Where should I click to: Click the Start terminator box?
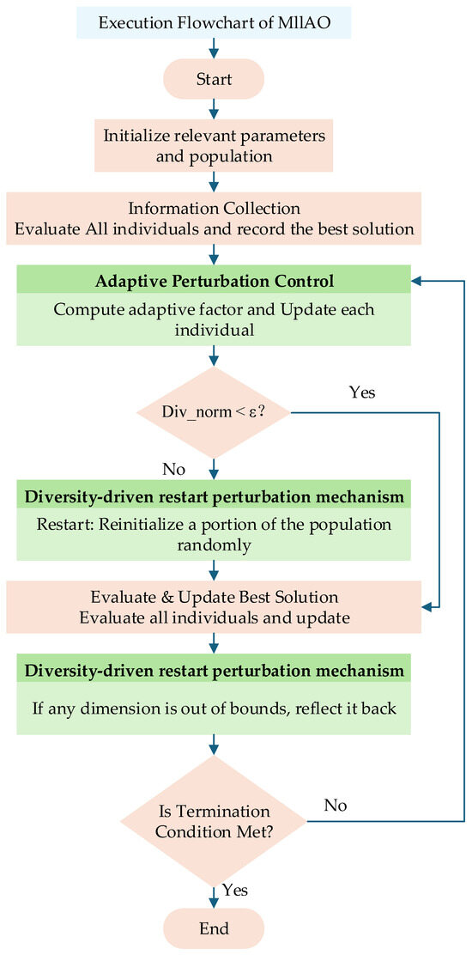coord(214,78)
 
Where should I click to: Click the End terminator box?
coord(214,928)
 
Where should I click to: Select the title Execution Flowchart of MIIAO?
coord(214,24)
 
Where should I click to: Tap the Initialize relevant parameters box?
coord(214,147)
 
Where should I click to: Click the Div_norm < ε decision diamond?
coord(214,413)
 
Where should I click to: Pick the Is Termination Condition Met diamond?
coord(214,822)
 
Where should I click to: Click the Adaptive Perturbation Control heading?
coord(214,282)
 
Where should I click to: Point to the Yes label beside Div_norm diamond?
coord(362,392)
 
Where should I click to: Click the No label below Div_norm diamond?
coord(173,470)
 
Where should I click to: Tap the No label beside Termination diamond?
coord(336,806)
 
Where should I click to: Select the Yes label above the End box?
coord(235,891)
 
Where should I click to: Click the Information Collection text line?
coord(214,208)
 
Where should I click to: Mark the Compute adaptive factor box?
coord(214,319)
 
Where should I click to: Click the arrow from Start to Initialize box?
coord(214,110)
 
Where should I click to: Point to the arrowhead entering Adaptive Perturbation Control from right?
coord(417,281)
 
